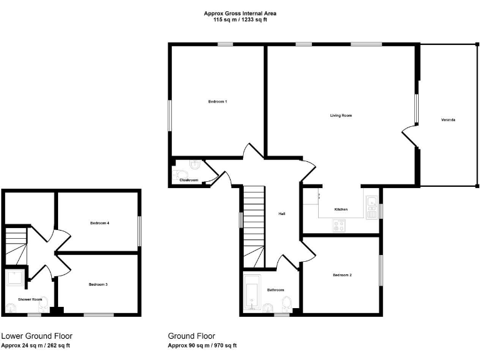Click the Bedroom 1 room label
[x=217, y=101]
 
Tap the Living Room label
[x=341, y=116]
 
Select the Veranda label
[x=447, y=119]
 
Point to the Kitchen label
[x=341, y=209]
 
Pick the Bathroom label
[x=276, y=290]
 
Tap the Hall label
[x=282, y=214]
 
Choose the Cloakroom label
[x=189, y=180]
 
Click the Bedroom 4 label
[x=100, y=223]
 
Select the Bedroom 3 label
[x=98, y=284]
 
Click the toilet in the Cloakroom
[x=179, y=174]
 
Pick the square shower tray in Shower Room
[x=15, y=277]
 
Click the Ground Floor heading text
[x=191, y=336]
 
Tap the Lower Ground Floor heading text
[x=37, y=336]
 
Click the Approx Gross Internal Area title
[x=240, y=13]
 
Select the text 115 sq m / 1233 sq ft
[x=240, y=20]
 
